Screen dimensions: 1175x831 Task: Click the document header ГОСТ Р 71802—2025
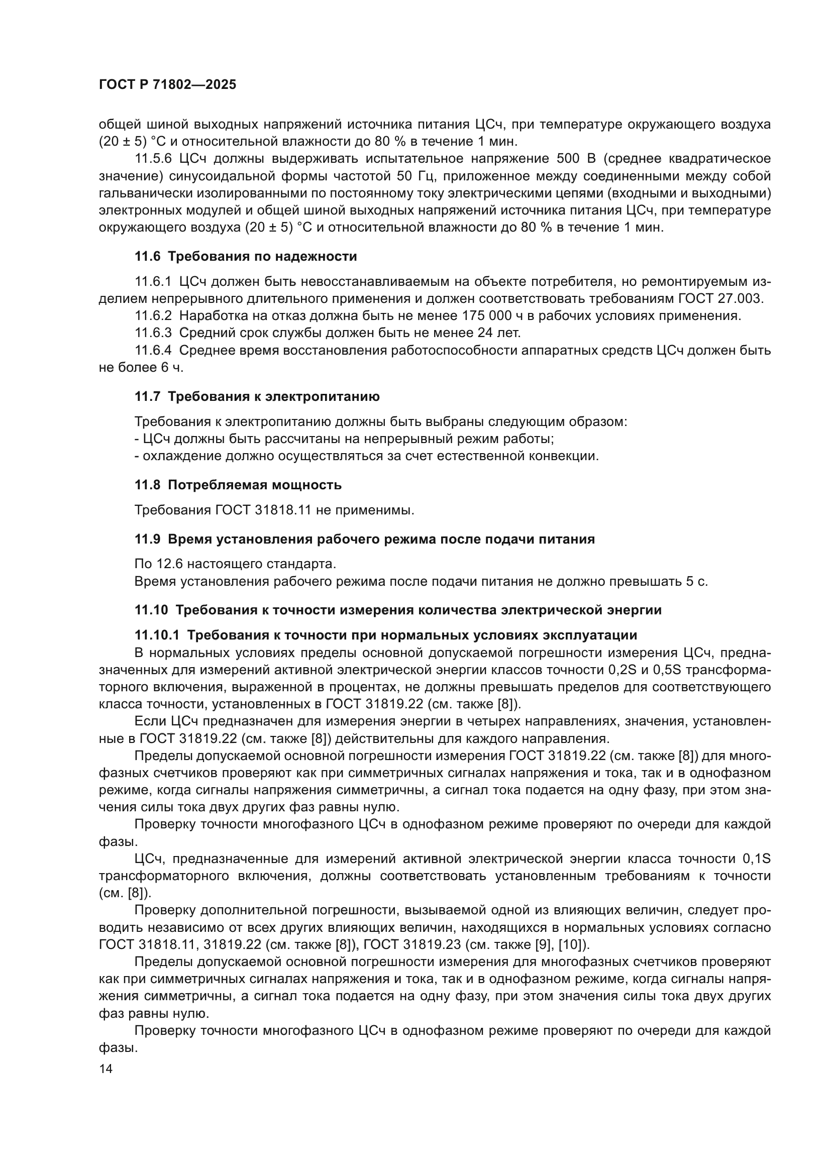pyautogui.click(x=167, y=85)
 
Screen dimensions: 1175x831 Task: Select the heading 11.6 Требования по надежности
pyautogui.click(x=246, y=256)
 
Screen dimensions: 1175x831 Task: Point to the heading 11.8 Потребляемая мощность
pyautogui.click(x=238, y=485)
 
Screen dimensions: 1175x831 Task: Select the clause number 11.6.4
pyautogui.click(x=153, y=351)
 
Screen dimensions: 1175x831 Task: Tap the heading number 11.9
pyautogui.click(x=147, y=539)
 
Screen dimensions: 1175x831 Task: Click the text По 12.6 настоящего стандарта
pyautogui.click(x=235, y=565)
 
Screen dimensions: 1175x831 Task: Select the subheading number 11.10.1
pyautogui.click(x=157, y=635)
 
